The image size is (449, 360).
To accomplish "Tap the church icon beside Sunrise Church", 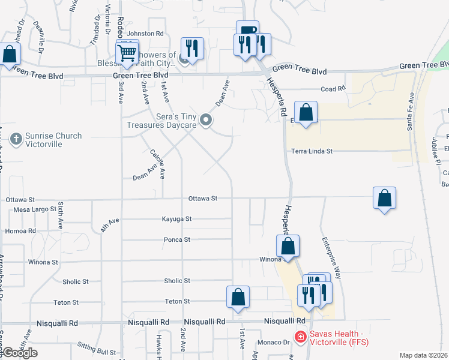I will click(16, 140).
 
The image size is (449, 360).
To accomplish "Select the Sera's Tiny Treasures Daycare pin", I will click(206, 121).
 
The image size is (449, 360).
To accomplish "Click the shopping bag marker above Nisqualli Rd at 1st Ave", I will click(238, 297).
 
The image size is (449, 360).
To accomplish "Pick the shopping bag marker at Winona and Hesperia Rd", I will click(288, 246).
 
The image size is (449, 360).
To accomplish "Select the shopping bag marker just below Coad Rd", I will click(306, 112).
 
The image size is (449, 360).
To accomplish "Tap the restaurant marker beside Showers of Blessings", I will click(192, 48).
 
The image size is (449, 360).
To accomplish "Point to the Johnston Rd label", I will click(145, 34).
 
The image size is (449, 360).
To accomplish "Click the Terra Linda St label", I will click(312, 152).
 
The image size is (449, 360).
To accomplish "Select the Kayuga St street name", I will click(176, 220).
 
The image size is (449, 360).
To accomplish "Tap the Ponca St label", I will click(177, 240).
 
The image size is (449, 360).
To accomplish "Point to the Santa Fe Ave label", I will click(412, 113).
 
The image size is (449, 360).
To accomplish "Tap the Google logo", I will click(19, 353).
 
